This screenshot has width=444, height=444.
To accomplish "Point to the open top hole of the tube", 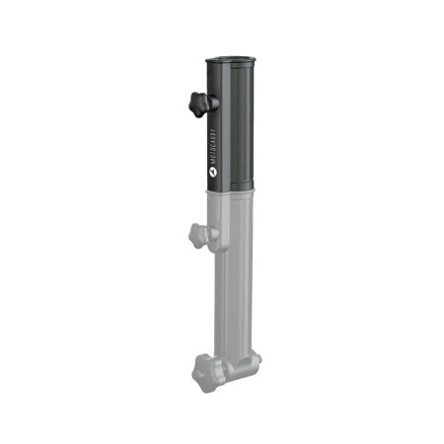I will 230,60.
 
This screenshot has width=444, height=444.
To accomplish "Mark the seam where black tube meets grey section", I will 229,189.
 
